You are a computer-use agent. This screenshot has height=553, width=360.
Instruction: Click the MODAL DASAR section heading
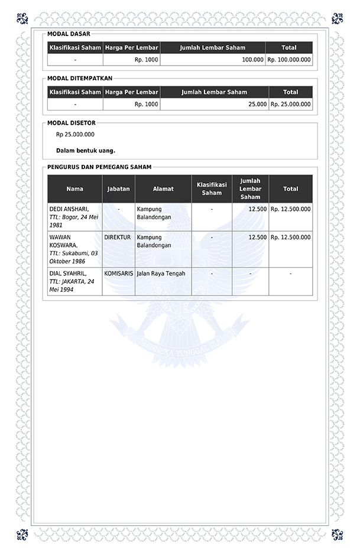click(69, 34)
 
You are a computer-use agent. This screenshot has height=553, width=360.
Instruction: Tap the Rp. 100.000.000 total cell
click(289, 60)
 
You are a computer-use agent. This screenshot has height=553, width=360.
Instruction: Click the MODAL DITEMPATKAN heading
click(79, 78)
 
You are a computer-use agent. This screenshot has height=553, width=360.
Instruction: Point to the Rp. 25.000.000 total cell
click(290, 104)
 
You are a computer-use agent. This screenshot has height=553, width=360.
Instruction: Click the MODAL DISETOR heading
click(71, 123)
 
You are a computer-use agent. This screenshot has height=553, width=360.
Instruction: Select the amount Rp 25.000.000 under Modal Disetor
click(75, 135)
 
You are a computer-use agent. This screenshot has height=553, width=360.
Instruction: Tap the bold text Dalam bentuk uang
click(86, 150)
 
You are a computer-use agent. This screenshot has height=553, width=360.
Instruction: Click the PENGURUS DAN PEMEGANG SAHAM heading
click(99, 167)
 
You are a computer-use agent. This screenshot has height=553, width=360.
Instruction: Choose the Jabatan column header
click(118, 189)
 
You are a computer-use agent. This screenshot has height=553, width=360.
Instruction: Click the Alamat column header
click(163, 189)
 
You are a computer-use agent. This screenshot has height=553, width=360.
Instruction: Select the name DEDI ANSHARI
click(69, 209)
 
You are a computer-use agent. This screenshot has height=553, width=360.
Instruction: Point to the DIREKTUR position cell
click(117, 237)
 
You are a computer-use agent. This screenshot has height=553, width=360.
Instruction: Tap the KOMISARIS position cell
click(118, 274)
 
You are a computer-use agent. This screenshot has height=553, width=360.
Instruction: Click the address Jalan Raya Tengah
click(161, 274)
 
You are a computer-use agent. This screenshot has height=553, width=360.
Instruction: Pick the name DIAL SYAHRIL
click(67, 274)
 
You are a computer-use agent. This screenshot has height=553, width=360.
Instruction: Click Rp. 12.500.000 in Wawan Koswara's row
click(290, 237)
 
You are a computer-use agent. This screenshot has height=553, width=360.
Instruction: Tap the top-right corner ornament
click(338, 18)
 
